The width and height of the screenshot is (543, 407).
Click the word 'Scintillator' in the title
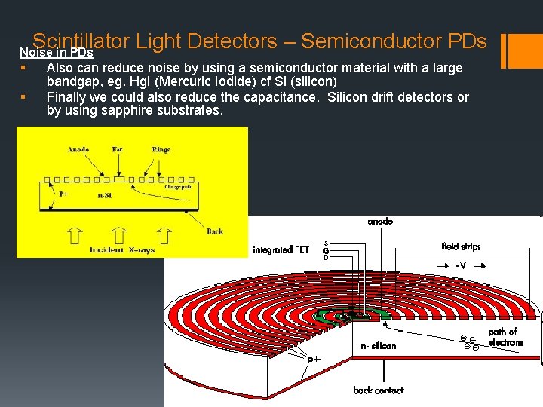81,41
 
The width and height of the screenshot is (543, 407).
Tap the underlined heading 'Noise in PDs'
56,53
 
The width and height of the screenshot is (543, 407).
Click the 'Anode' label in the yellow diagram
78,149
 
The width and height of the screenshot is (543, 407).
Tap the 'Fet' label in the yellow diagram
117,149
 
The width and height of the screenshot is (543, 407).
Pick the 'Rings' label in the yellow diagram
161,149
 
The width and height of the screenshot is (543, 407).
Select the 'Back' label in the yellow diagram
214,231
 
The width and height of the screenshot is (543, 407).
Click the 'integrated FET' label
281,249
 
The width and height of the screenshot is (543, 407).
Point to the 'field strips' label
461,246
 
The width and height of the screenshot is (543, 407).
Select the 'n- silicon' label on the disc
378,346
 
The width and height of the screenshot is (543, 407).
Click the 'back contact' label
378,390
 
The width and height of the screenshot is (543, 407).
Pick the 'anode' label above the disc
379,222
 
